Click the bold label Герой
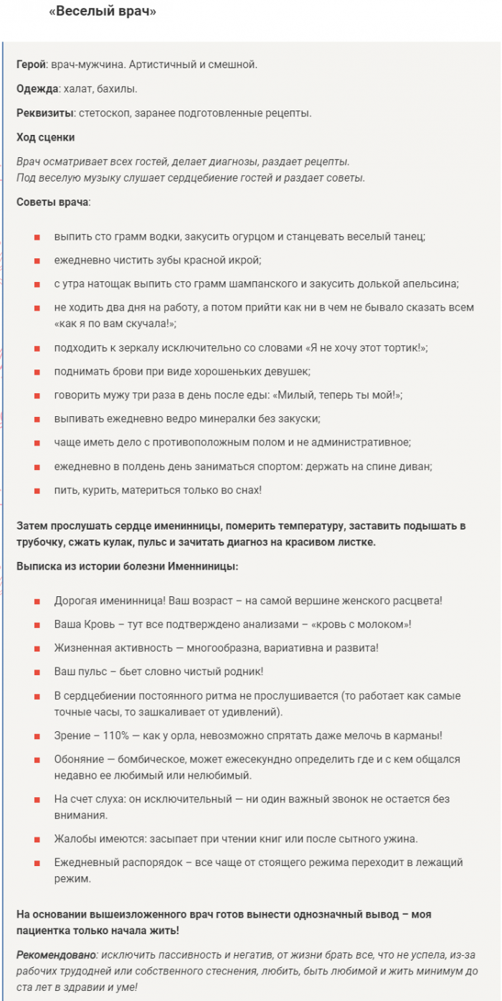31,65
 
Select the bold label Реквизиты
44,113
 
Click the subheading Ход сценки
45,137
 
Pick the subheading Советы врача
52,202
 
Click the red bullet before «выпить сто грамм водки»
37,237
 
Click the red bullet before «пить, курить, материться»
37,490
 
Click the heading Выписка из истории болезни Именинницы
127,566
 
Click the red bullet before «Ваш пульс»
37,672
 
